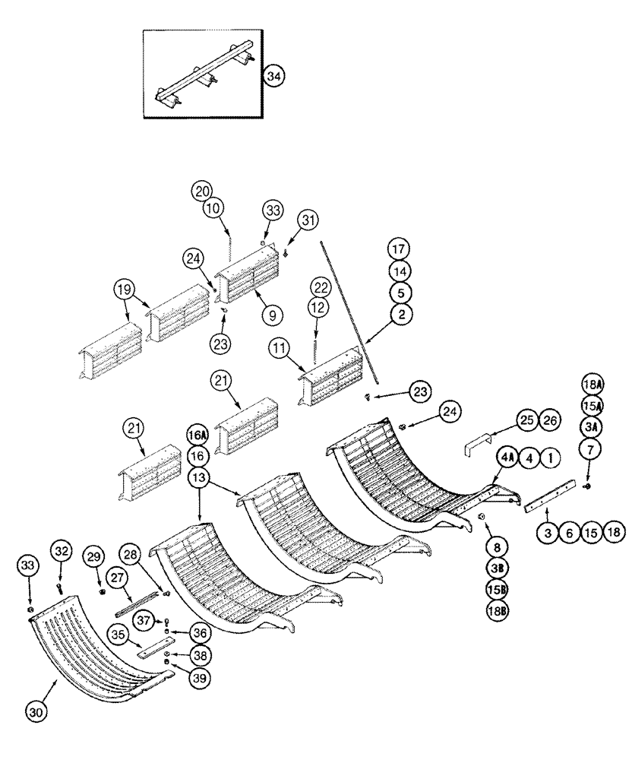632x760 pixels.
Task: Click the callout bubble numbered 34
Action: (274, 76)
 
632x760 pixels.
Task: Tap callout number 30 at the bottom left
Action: (35, 711)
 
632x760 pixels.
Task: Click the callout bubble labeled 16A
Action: (197, 435)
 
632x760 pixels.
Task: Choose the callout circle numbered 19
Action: (125, 290)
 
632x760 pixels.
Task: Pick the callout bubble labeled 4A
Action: (508, 458)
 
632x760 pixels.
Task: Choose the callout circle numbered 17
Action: (400, 249)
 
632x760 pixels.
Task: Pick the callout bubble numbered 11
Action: (278, 349)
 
